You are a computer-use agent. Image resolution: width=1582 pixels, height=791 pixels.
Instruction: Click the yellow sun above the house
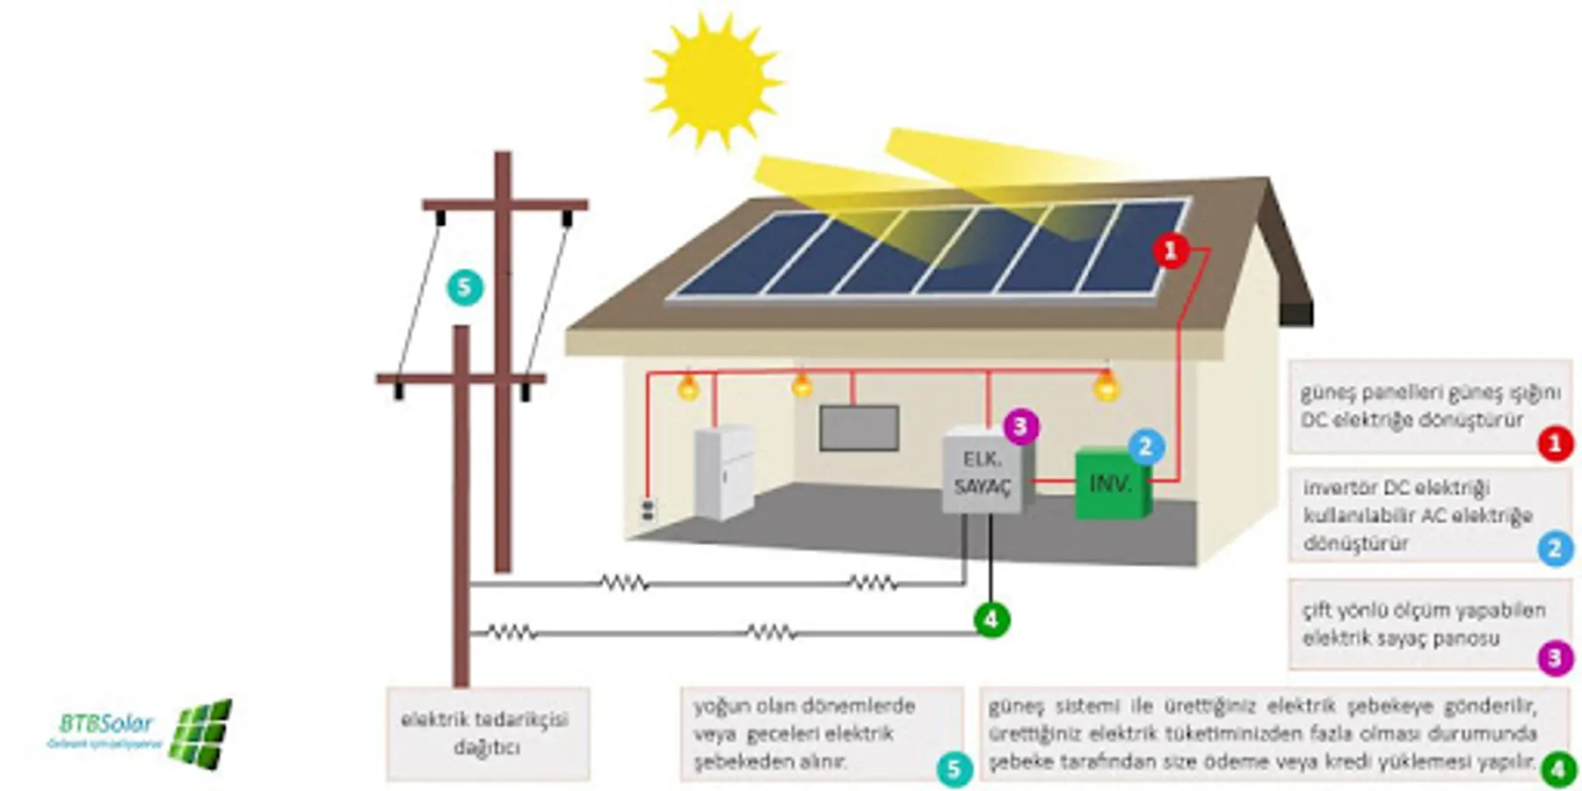tap(713, 80)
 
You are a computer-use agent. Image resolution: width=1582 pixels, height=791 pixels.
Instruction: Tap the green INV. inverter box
tap(1112, 484)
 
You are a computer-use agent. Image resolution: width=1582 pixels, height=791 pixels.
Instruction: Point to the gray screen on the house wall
tap(859, 428)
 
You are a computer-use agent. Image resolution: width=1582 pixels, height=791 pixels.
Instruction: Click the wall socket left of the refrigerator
tap(648, 509)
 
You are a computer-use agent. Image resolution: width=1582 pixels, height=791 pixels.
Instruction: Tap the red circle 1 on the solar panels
tap(1171, 251)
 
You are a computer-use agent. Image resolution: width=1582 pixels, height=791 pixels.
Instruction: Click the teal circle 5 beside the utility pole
tap(464, 287)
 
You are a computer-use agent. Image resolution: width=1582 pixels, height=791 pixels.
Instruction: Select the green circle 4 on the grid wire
tap(991, 620)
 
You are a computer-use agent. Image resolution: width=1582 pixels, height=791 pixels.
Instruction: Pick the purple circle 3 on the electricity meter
tap(1020, 426)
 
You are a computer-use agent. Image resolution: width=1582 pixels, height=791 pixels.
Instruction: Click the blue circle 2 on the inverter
tap(1144, 446)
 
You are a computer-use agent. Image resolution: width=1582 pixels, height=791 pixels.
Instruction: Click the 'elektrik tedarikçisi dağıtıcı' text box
tap(486, 734)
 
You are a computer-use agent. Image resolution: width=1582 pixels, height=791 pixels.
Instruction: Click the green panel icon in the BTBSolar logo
tap(201, 733)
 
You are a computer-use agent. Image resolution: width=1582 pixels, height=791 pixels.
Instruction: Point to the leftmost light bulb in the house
tap(688, 387)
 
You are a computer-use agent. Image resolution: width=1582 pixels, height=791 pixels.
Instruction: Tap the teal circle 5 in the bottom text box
tap(954, 769)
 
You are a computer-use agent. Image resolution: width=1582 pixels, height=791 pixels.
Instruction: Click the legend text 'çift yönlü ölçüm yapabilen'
tap(1423, 610)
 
